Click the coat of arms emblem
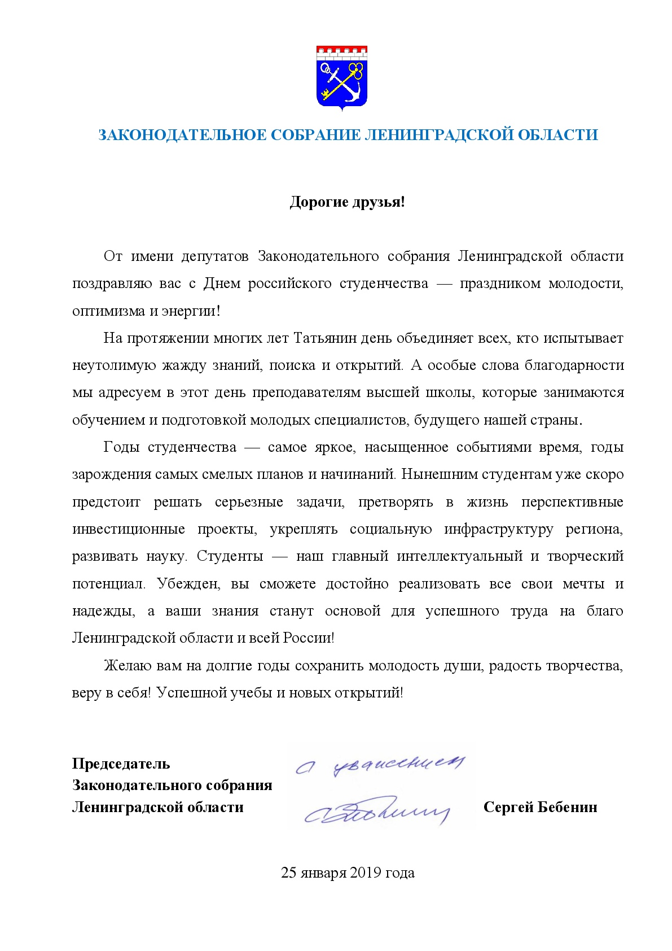point(342,77)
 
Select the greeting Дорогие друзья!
point(347,202)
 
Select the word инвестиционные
point(129,529)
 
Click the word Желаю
point(128,665)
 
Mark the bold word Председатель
point(121,764)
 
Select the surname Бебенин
point(567,808)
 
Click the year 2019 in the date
point(366,873)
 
